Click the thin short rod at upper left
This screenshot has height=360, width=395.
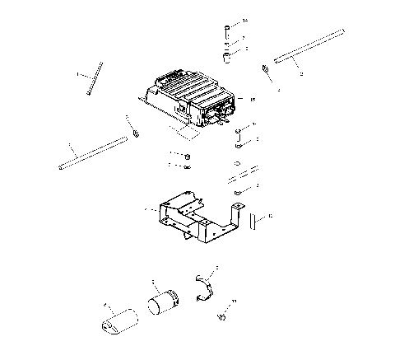pos(94,79)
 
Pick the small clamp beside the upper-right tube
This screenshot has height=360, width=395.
pos(266,69)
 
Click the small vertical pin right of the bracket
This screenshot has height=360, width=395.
pos(255,220)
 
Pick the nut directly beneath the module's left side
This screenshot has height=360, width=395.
pos(188,156)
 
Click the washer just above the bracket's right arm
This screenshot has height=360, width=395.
pos(236,192)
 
